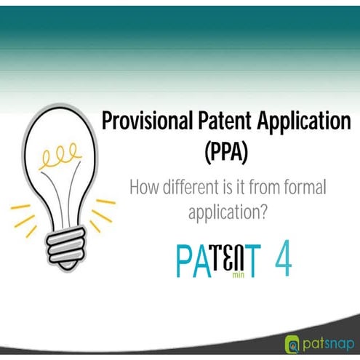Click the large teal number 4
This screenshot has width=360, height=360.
(283, 261)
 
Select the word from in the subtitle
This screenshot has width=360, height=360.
(264, 188)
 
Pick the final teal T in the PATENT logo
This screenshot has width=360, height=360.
(250, 263)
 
